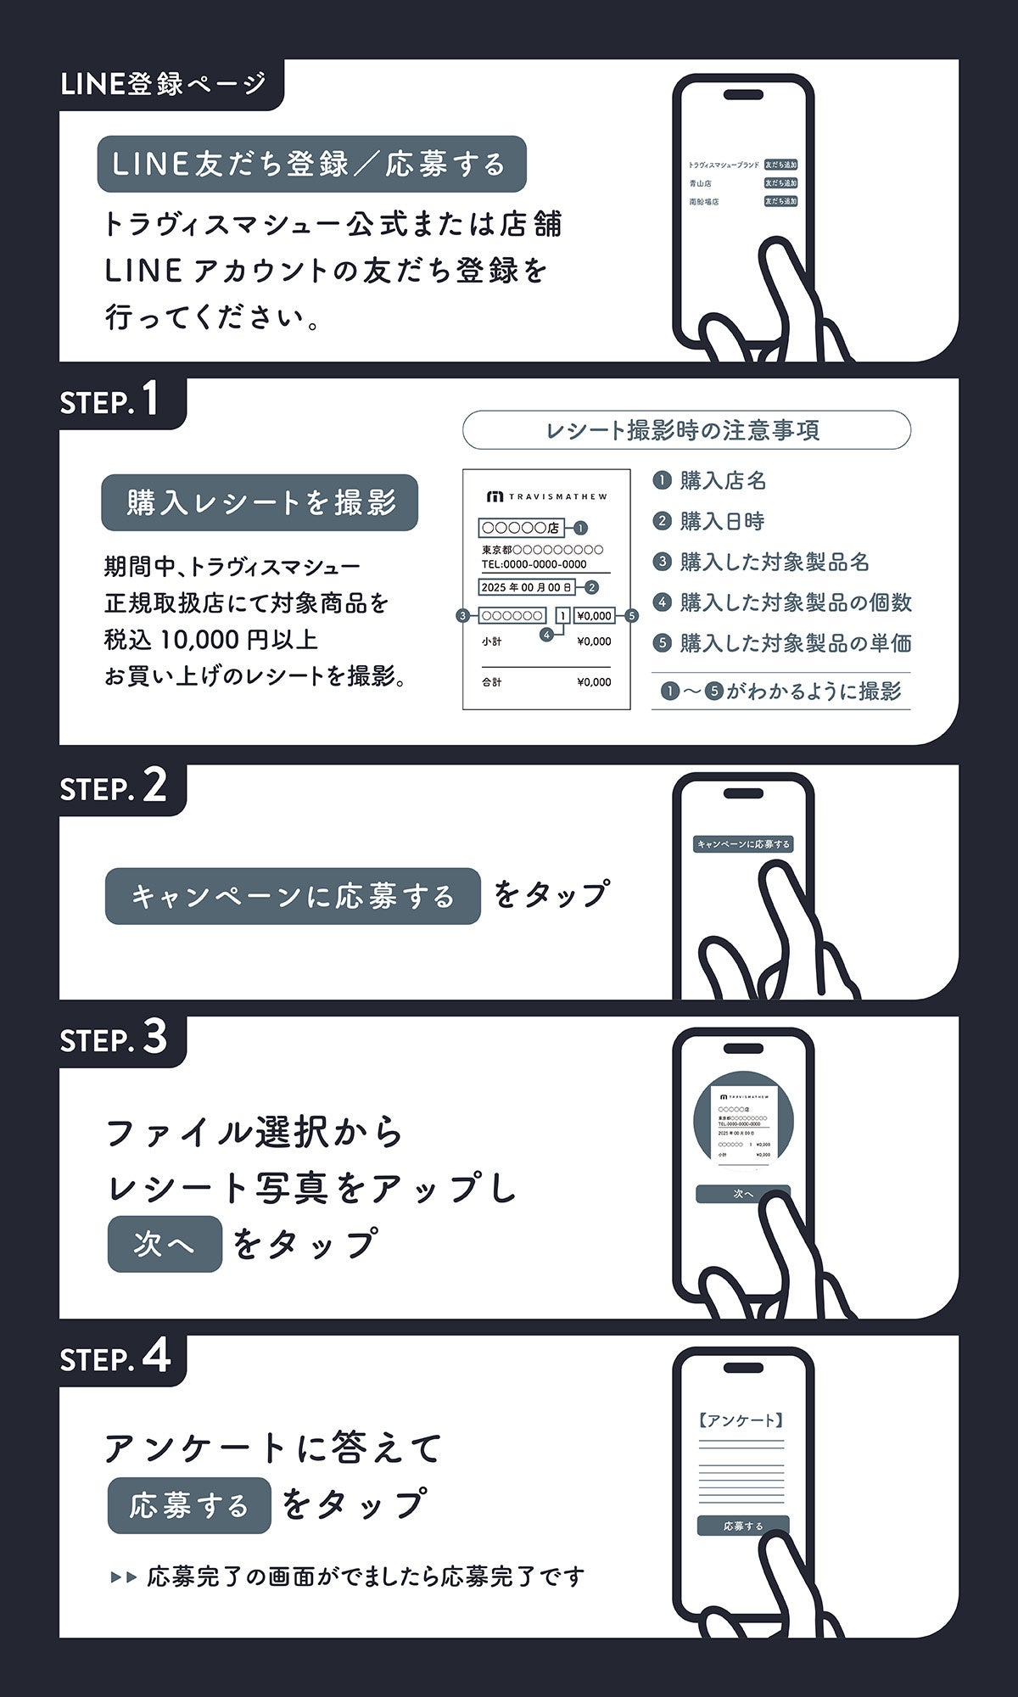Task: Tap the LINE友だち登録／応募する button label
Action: tap(310, 164)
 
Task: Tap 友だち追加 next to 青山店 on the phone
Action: tap(780, 183)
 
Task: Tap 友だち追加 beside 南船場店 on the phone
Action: tap(780, 202)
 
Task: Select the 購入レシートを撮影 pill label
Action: tap(260, 502)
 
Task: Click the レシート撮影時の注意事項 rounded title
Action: tap(685, 430)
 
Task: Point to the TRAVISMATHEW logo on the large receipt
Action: tap(546, 496)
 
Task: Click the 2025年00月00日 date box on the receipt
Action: tap(526, 587)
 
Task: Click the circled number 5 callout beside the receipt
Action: tap(631, 616)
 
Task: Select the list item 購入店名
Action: tap(723, 481)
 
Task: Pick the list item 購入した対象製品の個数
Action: tap(795, 602)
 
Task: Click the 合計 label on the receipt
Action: tap(492, 682)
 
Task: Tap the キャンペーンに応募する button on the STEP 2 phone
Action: tap(743, 844)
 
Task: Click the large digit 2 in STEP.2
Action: tap(154, 787)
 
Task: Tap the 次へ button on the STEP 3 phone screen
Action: tap(743, 1194)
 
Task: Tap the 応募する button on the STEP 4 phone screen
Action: tap(743, 1526)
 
